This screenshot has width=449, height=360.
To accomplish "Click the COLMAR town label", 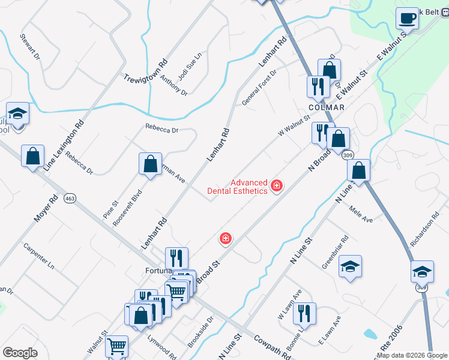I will (x=327, y=107).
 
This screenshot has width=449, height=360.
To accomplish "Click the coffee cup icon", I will (x=408, y=18).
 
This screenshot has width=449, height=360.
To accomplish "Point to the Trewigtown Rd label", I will (x=145, y=71).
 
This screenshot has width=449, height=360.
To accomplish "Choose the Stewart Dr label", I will (x=29, y=47).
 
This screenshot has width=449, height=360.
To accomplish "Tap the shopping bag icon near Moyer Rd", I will (x=32, y=156).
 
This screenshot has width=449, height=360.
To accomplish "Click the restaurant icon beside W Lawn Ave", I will (x=304, y=314).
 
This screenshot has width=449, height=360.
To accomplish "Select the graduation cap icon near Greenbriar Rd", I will (x=350, y=266).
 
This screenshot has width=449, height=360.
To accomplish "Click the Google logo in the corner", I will (x=20, y=353).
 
